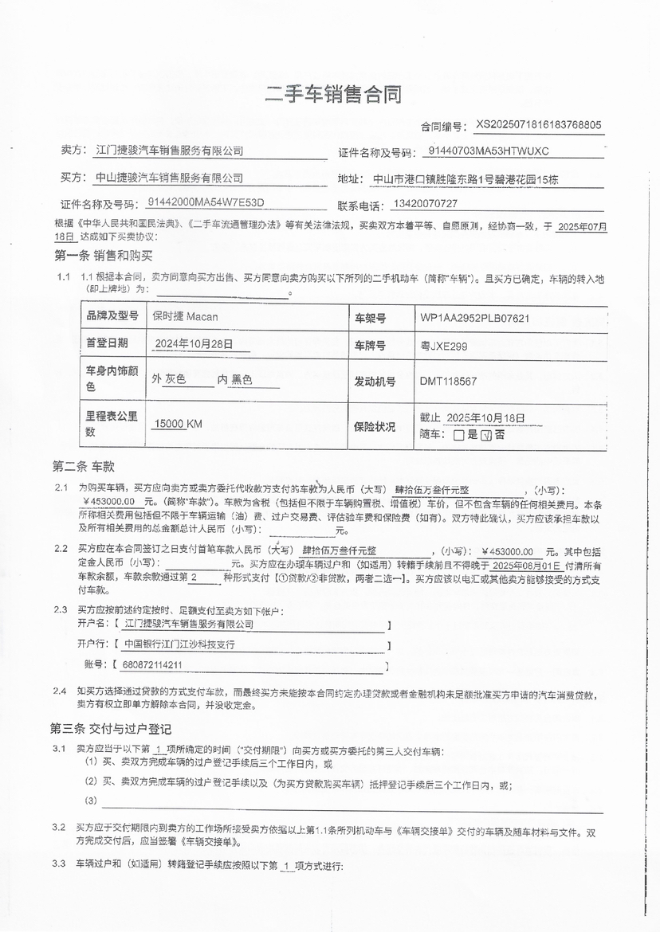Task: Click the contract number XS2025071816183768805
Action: [539, 125]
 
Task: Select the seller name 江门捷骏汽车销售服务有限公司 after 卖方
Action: [169, 151]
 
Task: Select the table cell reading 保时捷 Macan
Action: [185, 317]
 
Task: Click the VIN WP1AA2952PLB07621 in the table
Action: [475, 318]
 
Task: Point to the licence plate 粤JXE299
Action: [444, 346]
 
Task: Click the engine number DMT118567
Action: [449, 382]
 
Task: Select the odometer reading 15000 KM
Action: [179, 424]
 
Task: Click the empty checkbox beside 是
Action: [458, 436]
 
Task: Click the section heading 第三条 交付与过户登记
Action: [111, 729]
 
